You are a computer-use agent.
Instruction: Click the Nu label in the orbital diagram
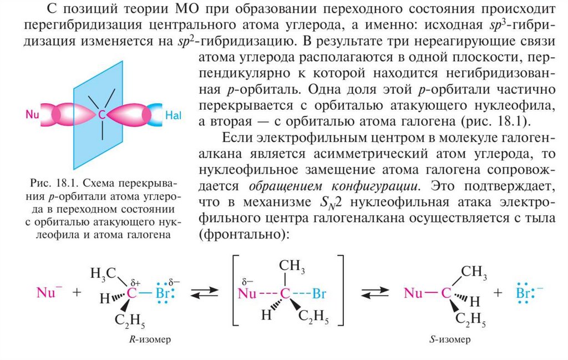click(x=33, y=114)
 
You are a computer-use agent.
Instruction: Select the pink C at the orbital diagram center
click(x=102, y=115)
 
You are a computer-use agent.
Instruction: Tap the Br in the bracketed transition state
click(x=319, y=293)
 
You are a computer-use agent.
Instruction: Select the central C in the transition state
click(x=285, y=293)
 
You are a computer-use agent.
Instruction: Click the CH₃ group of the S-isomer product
click(x=474, y=272)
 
